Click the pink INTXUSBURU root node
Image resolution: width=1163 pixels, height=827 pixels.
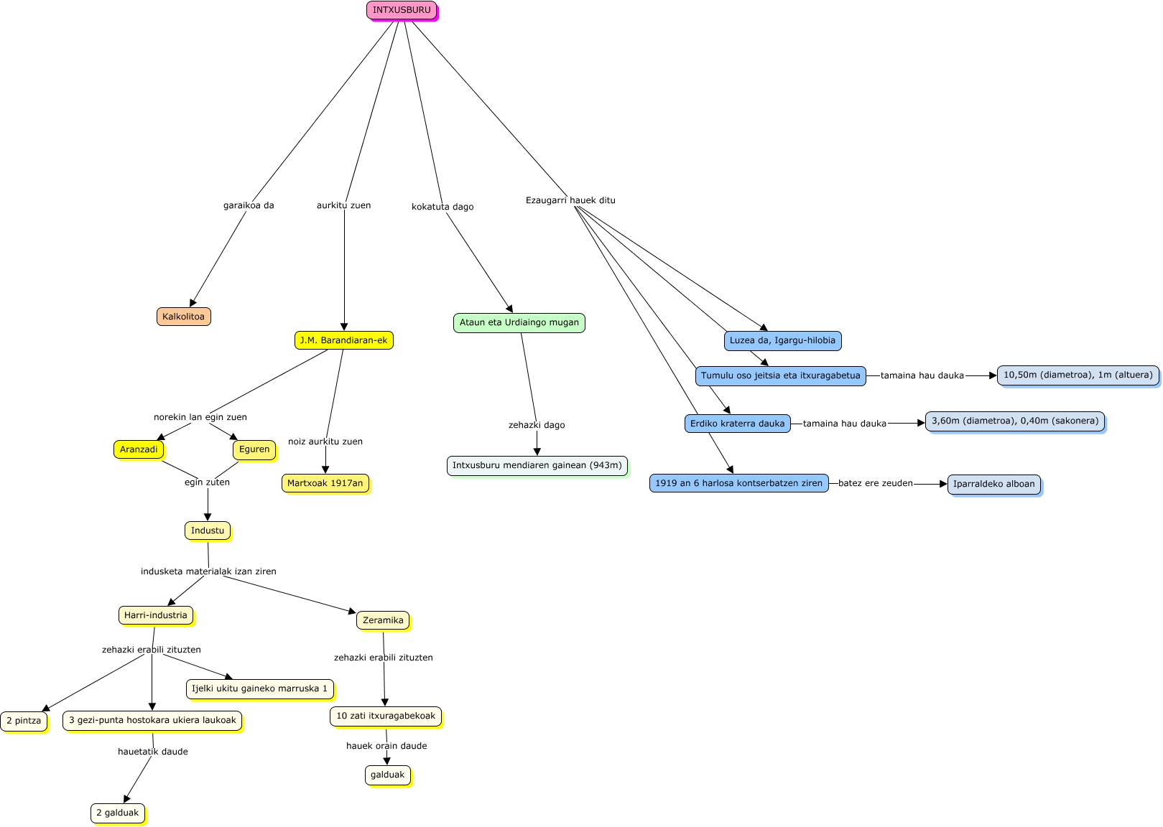click(x=402, y=11)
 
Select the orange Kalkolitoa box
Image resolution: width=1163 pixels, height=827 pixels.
click(x=183, y=317)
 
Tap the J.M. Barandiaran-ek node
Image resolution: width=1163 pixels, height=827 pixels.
click(x=343, y=340)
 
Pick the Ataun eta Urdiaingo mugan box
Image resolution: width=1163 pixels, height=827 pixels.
click(x=519, y=323)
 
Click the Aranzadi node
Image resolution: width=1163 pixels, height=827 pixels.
click(x=139, y=449)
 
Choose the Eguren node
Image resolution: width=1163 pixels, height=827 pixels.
click(x=254, y=449)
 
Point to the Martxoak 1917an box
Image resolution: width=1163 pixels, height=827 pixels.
click(x=325, y=483)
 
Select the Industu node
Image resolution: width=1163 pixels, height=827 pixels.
click(x=208, y=531)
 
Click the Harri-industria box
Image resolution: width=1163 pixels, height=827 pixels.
click(x=155, y=615)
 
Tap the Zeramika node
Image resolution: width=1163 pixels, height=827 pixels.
click(x=383, y=620)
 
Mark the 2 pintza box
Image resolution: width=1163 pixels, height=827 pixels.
click(x=24, y=721)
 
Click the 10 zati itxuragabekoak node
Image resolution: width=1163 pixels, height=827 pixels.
click(x=386, y=716)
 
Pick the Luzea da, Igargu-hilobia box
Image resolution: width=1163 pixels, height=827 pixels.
click(x=782, y=340)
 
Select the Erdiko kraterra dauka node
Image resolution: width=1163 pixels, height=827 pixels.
click(x=737, y=424)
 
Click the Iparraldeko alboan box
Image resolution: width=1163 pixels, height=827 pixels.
click(x=993, y=484)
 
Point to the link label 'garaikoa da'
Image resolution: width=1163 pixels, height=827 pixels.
click(x=249, y=205)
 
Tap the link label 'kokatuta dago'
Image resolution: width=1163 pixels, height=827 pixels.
click(x=443, y=207)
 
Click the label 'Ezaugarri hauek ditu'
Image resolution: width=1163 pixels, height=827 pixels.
click(x=570, y=200)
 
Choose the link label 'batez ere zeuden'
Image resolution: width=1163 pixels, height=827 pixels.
click(x=875, y=483)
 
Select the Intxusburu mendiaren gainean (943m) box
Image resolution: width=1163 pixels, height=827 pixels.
click(x=537, y=465)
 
